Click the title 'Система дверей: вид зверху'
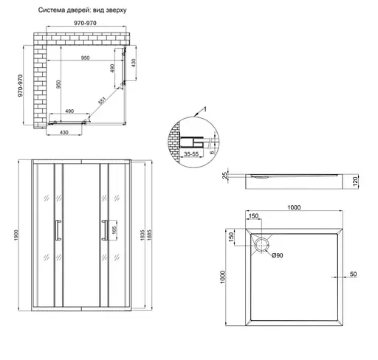coord(82,10)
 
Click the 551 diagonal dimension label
coord(102,100)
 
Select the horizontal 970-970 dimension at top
coord(85,23)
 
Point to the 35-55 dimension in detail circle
coord(191,154)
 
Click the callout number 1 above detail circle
coord(205,109)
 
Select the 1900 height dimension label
coord(16,235)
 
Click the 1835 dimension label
coord(142,235)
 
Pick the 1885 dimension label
coord(149,235)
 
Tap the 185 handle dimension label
coord(114,230)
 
